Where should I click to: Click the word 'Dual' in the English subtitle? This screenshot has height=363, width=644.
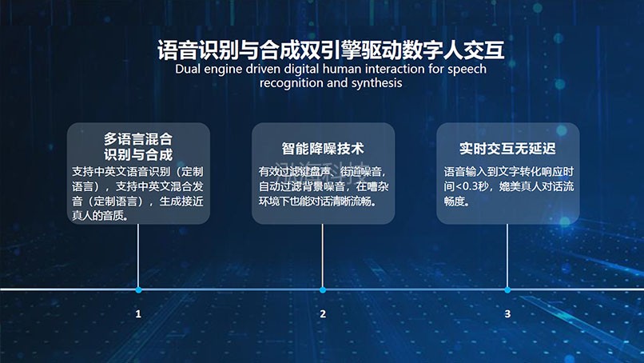click(189, 70)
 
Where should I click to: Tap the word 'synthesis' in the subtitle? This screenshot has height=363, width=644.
click(376, 83)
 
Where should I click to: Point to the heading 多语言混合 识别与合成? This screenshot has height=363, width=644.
click(138, 146)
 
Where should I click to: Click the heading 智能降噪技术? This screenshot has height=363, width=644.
click(323, 149)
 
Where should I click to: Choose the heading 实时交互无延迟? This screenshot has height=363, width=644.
click(507, 149)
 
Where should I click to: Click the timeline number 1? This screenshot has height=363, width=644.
click(138, 314)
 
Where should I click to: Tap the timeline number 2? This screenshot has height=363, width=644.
click(323, 314)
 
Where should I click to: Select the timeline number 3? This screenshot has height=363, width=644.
click(507, 314)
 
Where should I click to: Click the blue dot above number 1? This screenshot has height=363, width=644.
click(138, 289)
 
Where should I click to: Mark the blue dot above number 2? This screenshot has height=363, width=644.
click(323, 289)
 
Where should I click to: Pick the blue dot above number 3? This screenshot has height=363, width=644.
click(507, 289)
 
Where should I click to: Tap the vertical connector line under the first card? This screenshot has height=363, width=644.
click(138, 256)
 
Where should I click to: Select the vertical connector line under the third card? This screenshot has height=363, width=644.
click(507, 256)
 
